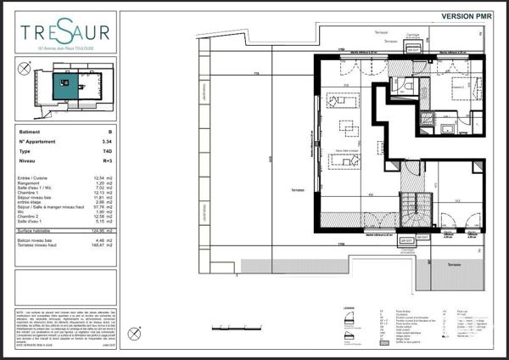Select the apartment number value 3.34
(107, 142)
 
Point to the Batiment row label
(29, 132)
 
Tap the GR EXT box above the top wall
(413, 50)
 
